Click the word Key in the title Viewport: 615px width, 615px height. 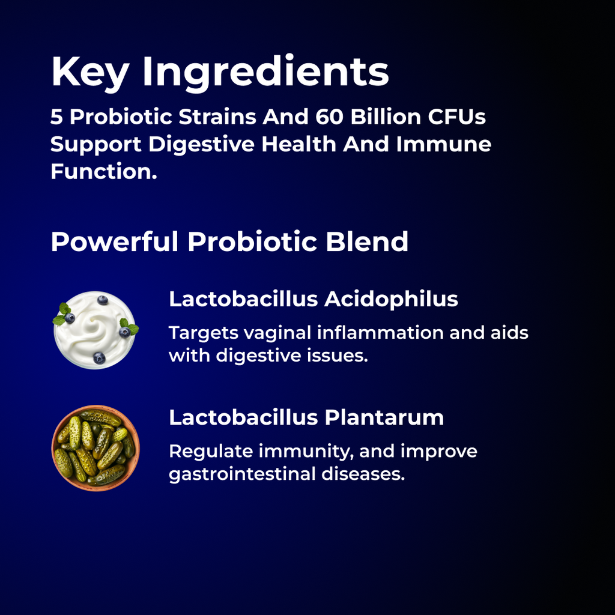[x=89, y=71]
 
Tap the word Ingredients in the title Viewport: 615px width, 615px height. [x=265, y=73]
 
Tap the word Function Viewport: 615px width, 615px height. [x=103, y=171]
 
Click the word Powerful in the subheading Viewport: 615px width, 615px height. [x=114, y=241]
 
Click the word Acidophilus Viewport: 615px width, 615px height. [x=391, y=299]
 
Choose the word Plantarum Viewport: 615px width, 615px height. [x=384, y=417]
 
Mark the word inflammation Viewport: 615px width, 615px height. [x=380, y=333]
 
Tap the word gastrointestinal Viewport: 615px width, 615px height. [x=252, y=474]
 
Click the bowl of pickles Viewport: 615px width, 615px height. [x=95, y=448]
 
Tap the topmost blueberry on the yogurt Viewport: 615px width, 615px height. [x=103, y=300]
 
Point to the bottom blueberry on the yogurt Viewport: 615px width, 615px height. [x=99, y=358]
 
